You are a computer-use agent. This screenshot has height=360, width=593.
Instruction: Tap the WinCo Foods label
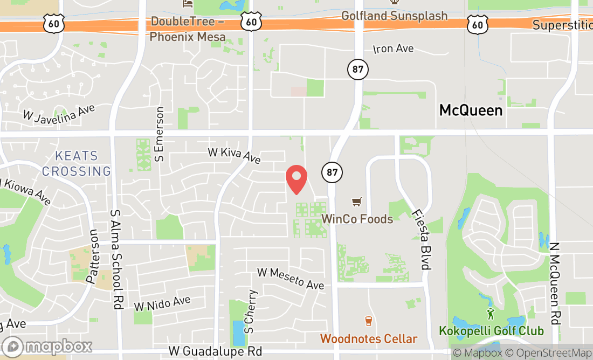coord(357,219)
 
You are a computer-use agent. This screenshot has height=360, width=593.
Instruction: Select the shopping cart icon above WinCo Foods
coord(356,202)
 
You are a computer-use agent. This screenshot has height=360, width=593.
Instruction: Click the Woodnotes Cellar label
coord(369,338)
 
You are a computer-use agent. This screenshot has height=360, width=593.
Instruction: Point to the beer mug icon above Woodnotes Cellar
coord(369,321)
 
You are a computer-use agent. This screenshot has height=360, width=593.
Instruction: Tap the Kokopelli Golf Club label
coord(491,330)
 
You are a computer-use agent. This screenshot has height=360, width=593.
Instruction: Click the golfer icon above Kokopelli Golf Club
coord(490,313)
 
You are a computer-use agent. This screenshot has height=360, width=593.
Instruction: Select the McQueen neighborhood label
coord(471,110)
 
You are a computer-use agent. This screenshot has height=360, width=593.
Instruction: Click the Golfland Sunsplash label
coord(395,16)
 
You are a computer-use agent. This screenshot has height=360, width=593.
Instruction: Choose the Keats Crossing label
coord(77,164)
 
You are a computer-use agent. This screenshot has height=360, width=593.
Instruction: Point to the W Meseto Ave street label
coord(291,278)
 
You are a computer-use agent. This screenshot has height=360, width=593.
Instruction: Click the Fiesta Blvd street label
coord(421,240)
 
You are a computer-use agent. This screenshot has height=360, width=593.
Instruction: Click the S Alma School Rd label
coord(115,259)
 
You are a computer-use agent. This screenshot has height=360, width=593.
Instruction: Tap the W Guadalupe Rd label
coord(215,351)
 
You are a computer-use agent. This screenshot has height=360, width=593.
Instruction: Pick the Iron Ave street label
coord(394,49)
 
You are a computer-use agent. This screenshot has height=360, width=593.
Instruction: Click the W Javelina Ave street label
coord(59,112)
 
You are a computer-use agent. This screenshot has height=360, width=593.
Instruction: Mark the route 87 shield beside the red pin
coord(332,172)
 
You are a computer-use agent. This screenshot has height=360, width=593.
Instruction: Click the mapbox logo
coord(47,346)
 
